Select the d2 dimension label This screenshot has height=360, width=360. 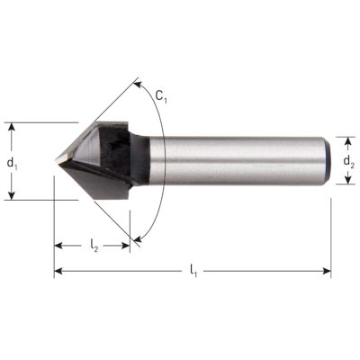[x=350, y=163]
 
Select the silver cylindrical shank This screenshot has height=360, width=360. [x=243, y=161]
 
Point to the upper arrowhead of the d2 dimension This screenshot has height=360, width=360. [x=350, y=139]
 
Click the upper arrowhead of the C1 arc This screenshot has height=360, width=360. [x=137, y=83]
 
